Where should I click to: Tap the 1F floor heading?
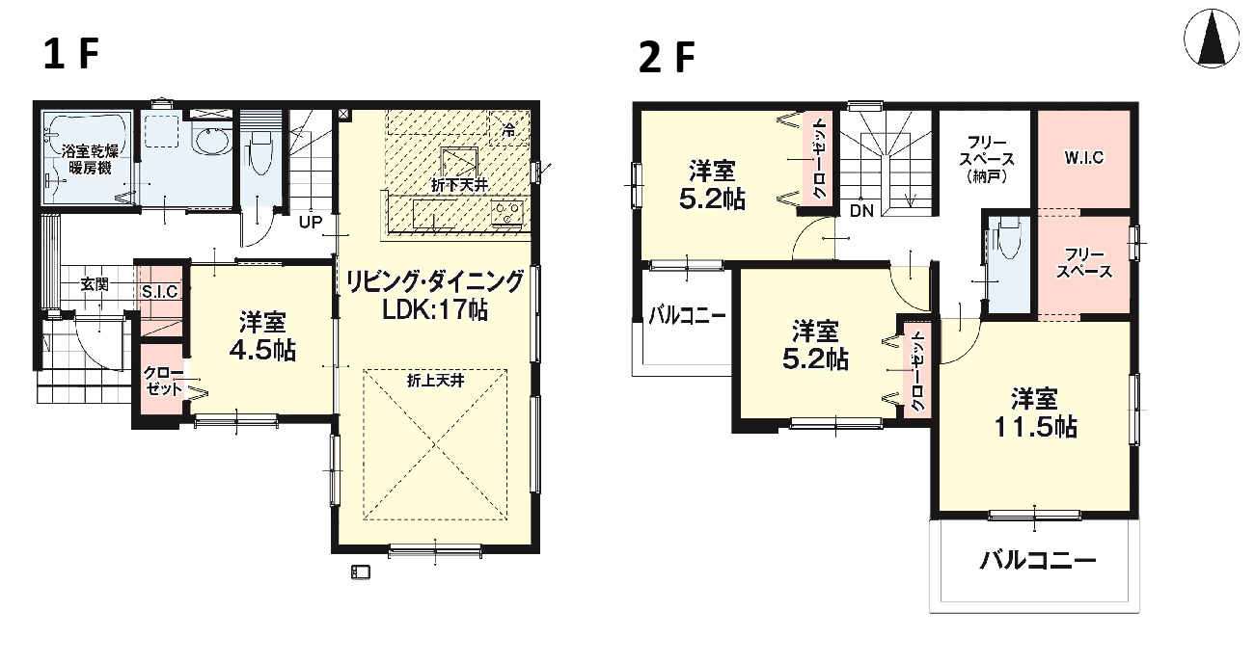click(x=71, y=54)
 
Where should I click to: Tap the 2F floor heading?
click(x=667, y=58)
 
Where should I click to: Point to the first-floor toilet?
click(x=260, y=152)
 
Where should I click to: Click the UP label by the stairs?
click(x=311, y=223)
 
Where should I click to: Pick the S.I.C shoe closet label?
click(x=160, y=292)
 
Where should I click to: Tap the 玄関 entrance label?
click(x=95, y=284)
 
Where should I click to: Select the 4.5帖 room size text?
click(x=262, y=351)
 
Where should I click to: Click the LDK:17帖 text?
click(x=435, y=309)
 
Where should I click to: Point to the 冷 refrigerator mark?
click(x=508, y=131)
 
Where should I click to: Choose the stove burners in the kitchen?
click(x=507, y=213)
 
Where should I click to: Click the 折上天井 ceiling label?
click(x=435, y=381)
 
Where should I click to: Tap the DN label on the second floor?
click(x=861, y=211)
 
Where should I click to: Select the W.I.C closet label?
click(x=1083, y=158)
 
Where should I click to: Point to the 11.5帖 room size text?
click(x=1035, y=428)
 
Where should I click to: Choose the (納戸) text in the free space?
click(x=987, y=177)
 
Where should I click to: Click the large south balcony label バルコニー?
click(x=1038, y=560)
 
